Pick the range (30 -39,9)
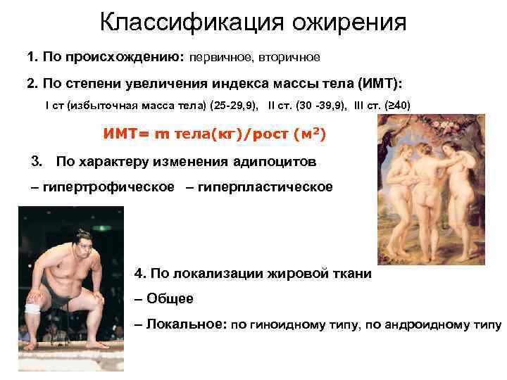tap(314, 106)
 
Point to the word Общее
tap(170, 298)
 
